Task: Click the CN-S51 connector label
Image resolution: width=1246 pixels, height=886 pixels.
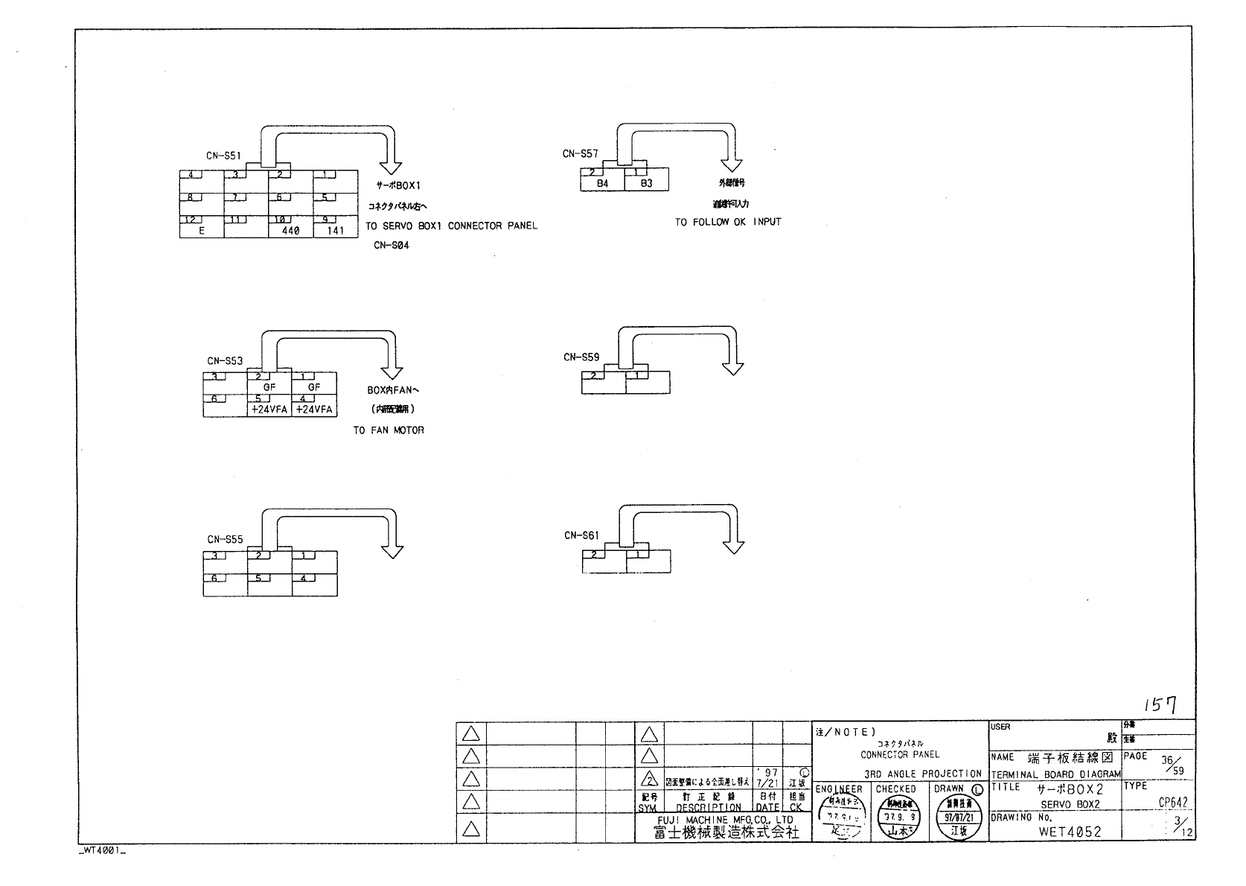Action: pos(223,156)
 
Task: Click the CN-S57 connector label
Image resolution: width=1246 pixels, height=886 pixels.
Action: pos(580,154)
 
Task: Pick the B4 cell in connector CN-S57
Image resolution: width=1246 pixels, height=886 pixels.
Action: pos(602,183)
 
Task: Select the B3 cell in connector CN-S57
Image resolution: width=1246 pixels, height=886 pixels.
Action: pos(646,183)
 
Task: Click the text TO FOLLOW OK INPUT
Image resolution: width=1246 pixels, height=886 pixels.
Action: pos(728,222)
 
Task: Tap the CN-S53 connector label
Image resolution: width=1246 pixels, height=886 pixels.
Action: pos(225,361)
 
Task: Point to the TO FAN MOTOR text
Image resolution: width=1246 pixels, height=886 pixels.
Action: pos(389,430)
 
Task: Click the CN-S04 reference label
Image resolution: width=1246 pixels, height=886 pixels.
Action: pos(391,246)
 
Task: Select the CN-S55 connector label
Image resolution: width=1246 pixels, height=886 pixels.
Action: pos(225,540)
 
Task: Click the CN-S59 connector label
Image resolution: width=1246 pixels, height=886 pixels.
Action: pos(581,357)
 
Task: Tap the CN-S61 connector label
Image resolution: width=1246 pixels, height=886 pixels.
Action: pos(581,535)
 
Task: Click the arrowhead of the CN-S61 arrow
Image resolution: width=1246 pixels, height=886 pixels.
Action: pos(733,547)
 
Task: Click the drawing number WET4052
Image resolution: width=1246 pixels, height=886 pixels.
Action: pos(1070,832)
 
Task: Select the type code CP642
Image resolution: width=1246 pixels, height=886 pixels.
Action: pos(1172,803)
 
